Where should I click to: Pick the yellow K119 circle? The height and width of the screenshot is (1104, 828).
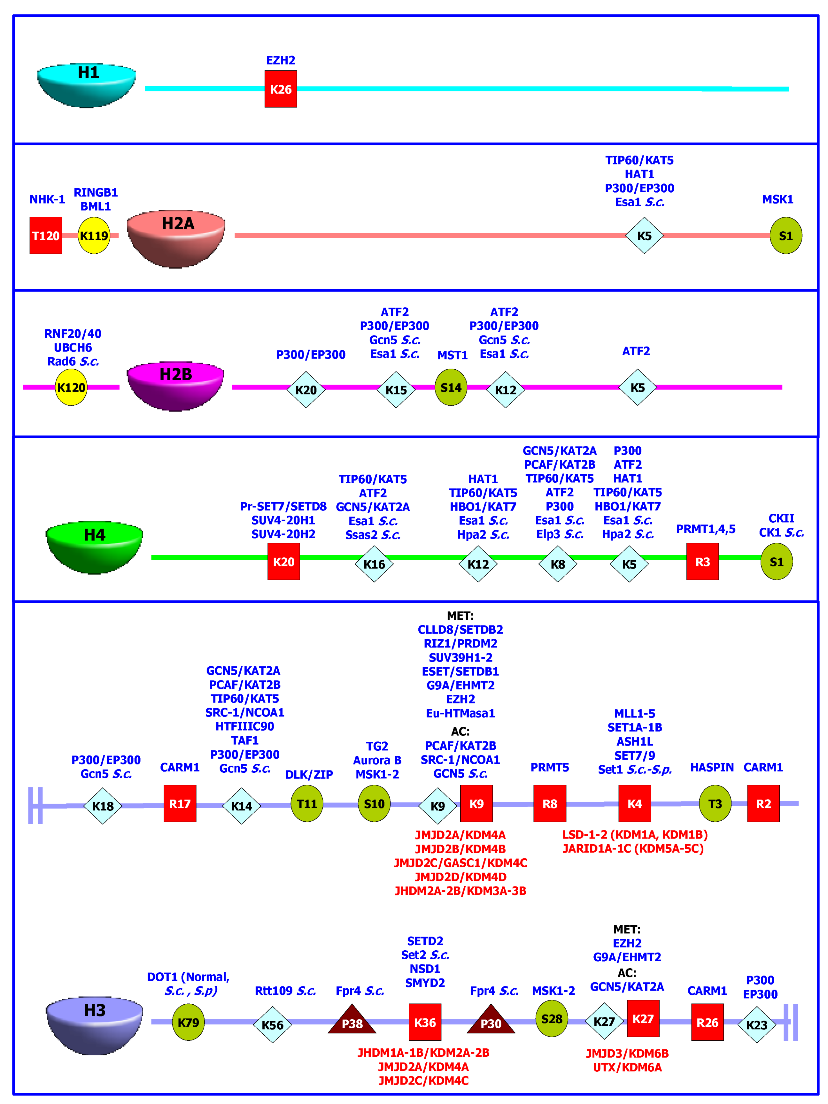click(94, 235)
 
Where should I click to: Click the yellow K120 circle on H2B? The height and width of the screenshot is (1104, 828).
click(71, 387)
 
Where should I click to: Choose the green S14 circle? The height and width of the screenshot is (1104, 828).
click(451, 387)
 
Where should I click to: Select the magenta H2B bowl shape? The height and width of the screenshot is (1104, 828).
click(175, 385)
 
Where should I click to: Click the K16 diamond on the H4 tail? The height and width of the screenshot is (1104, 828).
click(374, 564)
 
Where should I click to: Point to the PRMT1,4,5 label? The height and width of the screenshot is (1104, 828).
click(705, 529)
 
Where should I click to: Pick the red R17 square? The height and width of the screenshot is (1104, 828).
click(180, 803)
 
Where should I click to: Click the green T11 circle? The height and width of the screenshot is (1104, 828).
click(307, 803)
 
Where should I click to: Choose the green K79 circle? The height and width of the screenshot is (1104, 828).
click(188, 1022)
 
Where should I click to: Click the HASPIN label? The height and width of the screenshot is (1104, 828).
click(712, 767)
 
